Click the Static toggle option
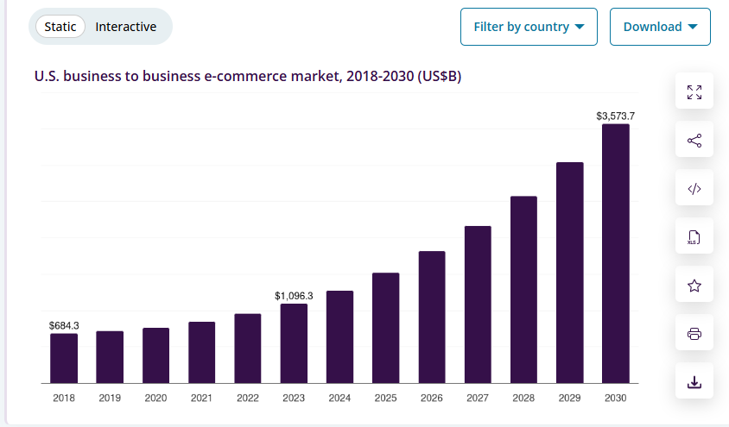(x=60, y=27)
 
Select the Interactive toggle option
(x=126, y=27)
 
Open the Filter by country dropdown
(x=529, y=27)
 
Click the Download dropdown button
(x=660, y=27)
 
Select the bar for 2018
(x=64, y=358)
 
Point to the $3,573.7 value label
(x=616, y=115)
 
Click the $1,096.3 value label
(x=294, y=296)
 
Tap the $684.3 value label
(x=64, y=325)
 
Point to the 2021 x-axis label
(x=201, y=398)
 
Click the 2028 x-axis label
(x=523, y=398)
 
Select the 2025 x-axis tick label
(x=385, y=398)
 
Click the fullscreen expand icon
(x=694, y=92)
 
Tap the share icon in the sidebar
(x=694, y=141)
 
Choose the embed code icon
(x=694, y=189)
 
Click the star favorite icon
(x=694, y=286)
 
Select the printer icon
(x=694, y=334)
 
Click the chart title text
(x=248, y=77)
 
